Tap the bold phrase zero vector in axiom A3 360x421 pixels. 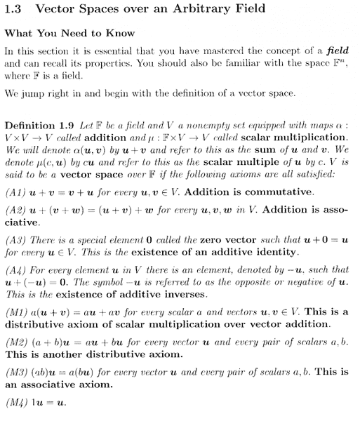184,240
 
